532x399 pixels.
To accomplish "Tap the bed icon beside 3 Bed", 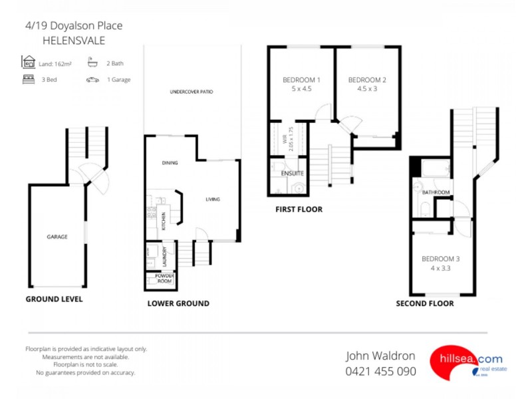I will click(x=29, y=79).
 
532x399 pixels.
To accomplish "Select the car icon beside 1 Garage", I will click(x=92, y=79).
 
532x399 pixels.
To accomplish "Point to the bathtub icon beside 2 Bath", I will click(x=92, y=63).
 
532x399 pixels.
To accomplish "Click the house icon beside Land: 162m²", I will click(x=29, y=63).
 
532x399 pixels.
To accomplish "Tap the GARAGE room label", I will click(x=57, y=236).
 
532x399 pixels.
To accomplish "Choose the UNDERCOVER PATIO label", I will click(x=191, y=91).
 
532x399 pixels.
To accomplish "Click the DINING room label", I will click(x=170, y=162).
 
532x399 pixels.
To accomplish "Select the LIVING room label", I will click(x=212, y=199).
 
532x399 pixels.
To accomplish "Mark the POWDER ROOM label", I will click(x=164, y=278).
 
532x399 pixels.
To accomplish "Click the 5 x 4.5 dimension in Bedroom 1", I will click(x=301, y=88).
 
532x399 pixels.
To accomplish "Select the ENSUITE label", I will click(x=293, y=173).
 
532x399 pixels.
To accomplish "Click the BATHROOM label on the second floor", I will click(x=436, y=193).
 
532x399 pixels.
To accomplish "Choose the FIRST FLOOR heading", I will click(x=299, y=209).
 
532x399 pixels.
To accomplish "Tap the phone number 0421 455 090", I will click(x=380, y=371).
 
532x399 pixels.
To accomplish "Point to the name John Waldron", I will click(x=380, y=356).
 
